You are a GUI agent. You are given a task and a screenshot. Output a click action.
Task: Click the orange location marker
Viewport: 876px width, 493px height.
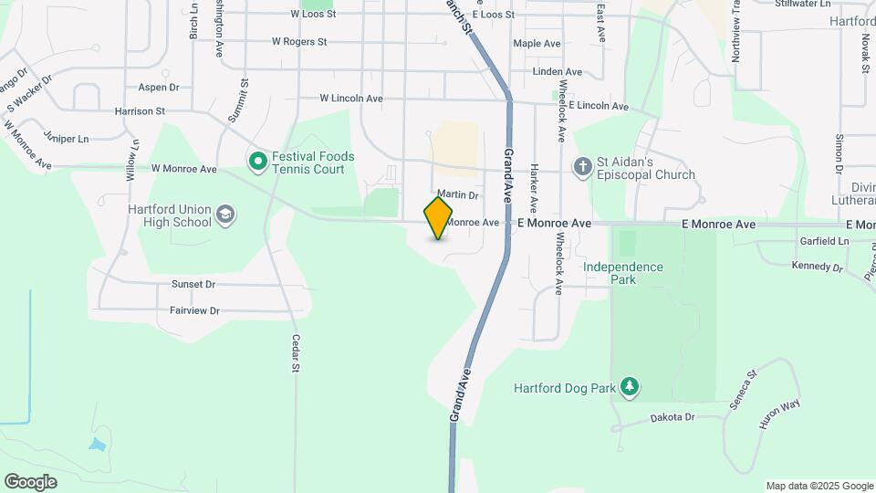pyautogui.click(x=438, y=218)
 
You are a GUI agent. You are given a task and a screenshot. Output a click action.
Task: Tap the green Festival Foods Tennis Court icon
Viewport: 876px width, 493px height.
pyautogui.click(x=257, y=163)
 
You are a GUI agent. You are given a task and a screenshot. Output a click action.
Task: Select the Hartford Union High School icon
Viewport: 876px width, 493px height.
pyautogui.click(x=225, y=215)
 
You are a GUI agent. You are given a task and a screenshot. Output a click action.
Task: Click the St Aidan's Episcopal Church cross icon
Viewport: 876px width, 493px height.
pyautogui.click(x=581, y=166)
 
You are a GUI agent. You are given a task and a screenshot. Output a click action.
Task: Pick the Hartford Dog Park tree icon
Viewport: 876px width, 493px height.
pyautogui.click(x=629, y=387)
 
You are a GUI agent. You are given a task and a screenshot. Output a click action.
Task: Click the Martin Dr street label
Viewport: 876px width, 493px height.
pyautogui.click(x=457, y=194)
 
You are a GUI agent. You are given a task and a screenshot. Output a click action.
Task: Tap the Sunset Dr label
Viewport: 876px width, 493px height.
pyautogui.click(x=193, y=284)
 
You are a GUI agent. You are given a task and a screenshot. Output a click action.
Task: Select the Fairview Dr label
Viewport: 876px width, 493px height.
pyautogui.click(x=194, y=310)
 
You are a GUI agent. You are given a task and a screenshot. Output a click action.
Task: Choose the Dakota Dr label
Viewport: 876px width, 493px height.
pyautogui.click(x=673, y=417)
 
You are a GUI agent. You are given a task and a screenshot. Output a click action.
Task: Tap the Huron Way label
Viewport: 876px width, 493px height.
pyautogui.click(x=778, y=414)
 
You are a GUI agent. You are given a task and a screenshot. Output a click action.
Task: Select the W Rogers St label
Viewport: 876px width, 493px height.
pyautogui.click(x=299, y=41)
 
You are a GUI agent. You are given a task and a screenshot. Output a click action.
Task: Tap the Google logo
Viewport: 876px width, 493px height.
pyautogui.click(x=31, y=481)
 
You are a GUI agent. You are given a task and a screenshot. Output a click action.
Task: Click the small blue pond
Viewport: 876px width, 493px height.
pyautogui.click(x=98, y=446)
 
